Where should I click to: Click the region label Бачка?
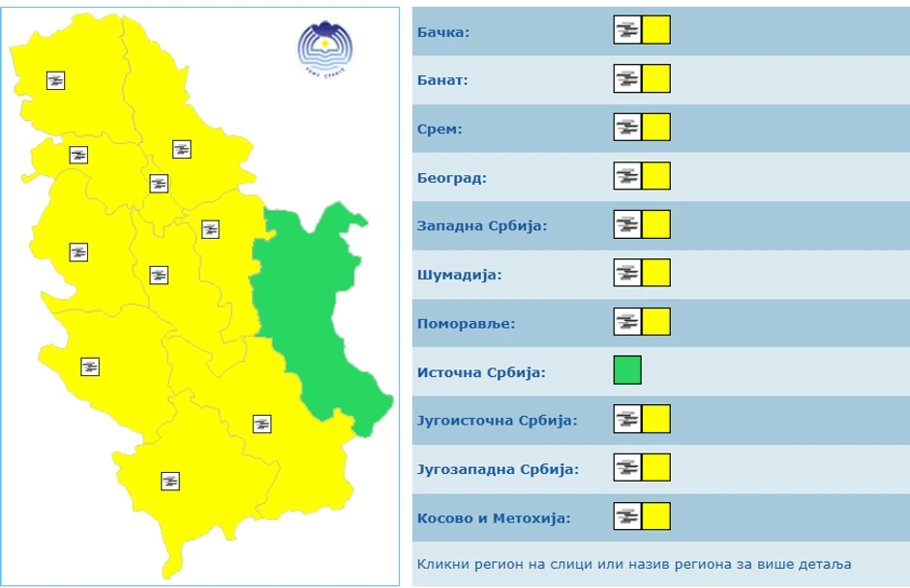(x=443, y=33)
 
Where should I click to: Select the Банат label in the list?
(x=442, y=80)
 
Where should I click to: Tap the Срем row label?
(x=440, y=129)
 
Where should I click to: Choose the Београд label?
(x=451, y=178)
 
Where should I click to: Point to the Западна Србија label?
(x=482, y=226)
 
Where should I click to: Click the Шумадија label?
(x=459, y=275)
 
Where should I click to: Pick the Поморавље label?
(x=466, y=323)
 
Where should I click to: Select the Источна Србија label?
(x=481, y=371)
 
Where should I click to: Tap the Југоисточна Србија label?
(x=497, y=421)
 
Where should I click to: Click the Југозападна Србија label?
(x=498, y=469)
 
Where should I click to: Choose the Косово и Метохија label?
(x=494, y=517)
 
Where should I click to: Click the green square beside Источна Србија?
(x=627, y=370)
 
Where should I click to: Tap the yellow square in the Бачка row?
(x=656, y=30)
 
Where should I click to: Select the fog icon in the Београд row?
(x=627, y=176)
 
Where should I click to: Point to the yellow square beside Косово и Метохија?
(x=656, y=516)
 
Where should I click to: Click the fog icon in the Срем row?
(x=627, y=128)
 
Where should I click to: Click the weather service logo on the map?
(x=325, y=48)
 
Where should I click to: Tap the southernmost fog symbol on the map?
(x=170, y=481)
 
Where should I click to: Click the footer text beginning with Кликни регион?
(x=634, y=564)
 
